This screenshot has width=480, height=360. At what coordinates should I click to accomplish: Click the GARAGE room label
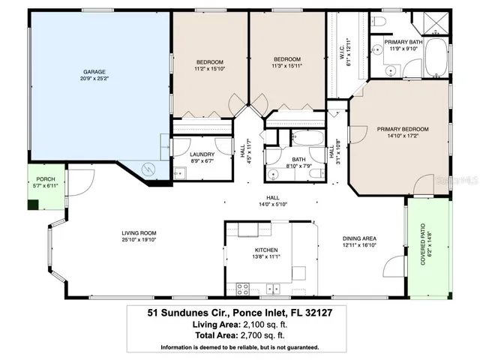tap(94, 72)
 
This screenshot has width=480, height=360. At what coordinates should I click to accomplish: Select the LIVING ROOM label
tap(138, 232)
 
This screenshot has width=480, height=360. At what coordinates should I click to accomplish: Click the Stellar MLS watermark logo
tap(460, 181)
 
